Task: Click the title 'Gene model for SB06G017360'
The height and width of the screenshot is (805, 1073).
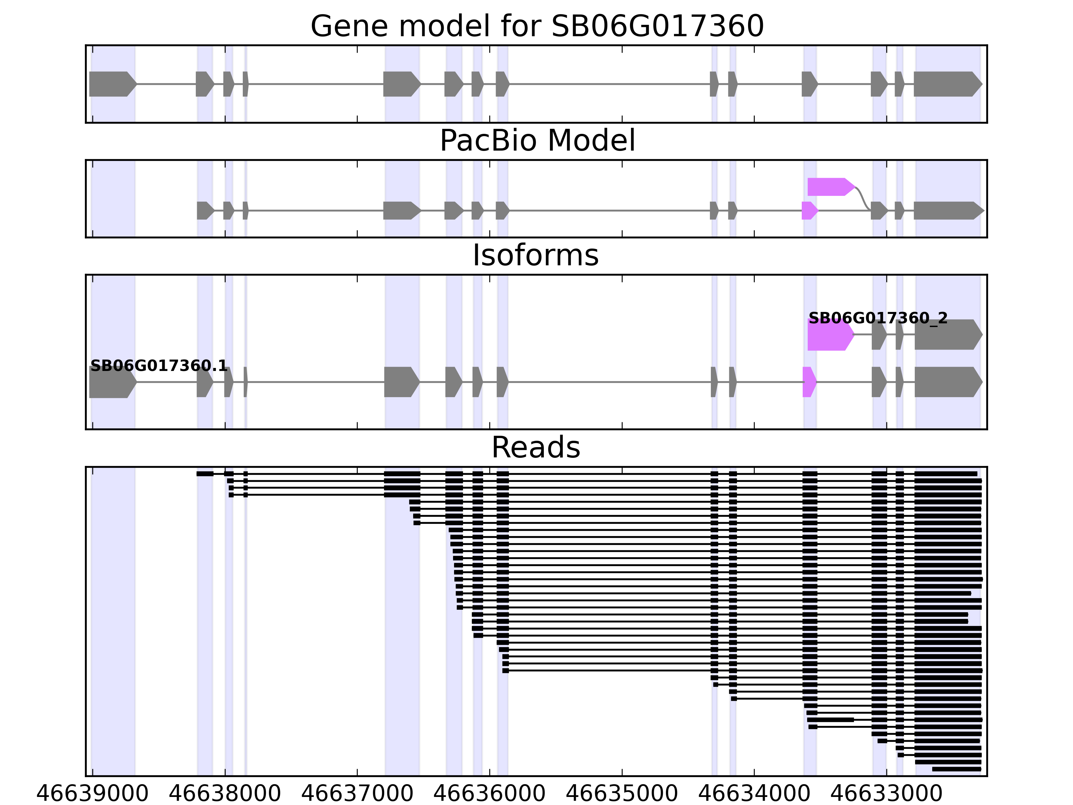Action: pos(537,26)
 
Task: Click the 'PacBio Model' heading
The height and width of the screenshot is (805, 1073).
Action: pos(537,141)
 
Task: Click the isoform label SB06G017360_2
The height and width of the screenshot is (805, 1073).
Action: pos(878,318)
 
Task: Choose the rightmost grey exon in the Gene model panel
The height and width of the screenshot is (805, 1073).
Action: pos(946,84)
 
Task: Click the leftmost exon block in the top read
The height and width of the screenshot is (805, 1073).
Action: pos(205,474)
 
